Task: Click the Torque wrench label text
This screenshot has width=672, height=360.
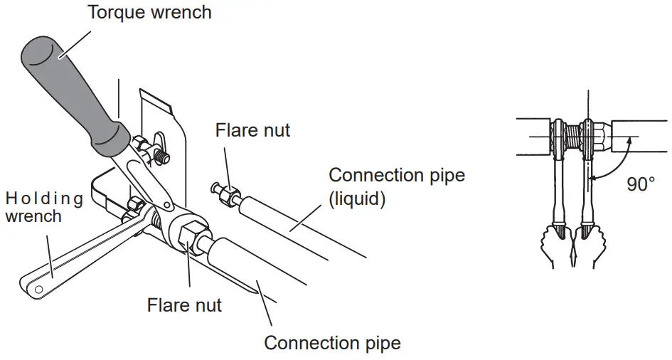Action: coord(149,12)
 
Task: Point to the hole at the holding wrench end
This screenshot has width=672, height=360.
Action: coord(39,289)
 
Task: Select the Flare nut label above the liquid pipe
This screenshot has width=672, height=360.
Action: coord(252,130)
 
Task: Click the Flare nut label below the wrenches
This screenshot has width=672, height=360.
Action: coord(184,305)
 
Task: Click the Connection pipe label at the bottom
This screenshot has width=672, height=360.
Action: coord(332,343)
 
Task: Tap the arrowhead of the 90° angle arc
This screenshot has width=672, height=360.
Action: coord(629,142)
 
